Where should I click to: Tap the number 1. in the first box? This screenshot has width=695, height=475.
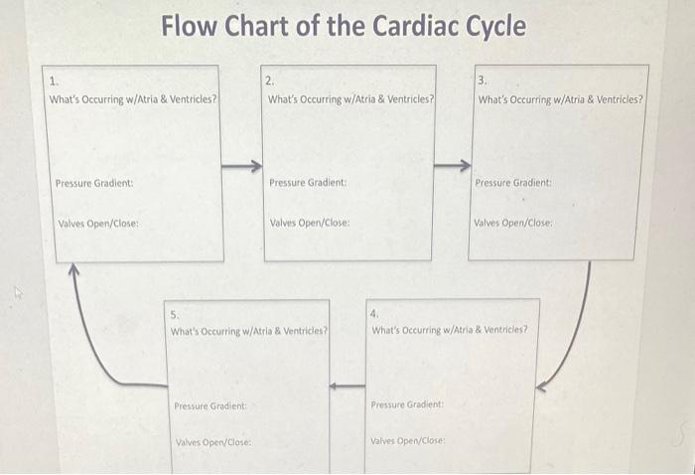tap(54, 80)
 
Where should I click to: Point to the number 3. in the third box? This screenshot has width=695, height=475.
tap(483, 80)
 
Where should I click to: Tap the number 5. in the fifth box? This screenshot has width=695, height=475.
tap(175, 313)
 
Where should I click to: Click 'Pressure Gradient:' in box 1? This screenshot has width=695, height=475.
tap(94, 183)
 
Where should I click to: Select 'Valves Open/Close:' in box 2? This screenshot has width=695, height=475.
tap(310, 223)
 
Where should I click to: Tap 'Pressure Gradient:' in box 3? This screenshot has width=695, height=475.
tap(513, 183)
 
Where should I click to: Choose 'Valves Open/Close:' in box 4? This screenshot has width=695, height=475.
tap(408, 440)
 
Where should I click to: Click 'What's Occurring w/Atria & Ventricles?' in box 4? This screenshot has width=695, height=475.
tap(450, 329)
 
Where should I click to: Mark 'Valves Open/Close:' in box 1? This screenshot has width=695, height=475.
tap(97, 223)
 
